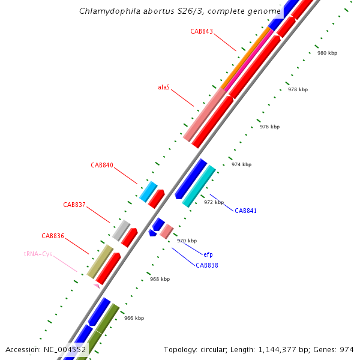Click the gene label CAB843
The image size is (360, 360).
point(202,31)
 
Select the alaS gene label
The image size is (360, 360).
point(164,87)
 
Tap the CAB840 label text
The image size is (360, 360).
point(102,165)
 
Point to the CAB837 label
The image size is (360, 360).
point(74,205)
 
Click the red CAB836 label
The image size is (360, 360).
point(53,236)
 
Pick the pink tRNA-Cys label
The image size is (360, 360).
point(38,254)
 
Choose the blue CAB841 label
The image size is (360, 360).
point(245,211)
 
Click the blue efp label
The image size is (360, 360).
point(208,254)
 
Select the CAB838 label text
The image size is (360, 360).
point(207,265)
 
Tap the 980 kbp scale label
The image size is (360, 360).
point(327,53)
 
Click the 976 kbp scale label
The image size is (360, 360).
point(269,127)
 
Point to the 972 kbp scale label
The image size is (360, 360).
point(214,202)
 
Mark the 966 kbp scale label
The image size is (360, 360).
point(134,318)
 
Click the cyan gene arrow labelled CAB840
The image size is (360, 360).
point(148,191)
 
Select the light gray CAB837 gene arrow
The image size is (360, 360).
point(121,230)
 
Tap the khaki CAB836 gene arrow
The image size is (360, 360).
point(100,261)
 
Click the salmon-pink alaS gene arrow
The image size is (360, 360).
point(204,115)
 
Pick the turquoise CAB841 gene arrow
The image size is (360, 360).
point(199,186)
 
